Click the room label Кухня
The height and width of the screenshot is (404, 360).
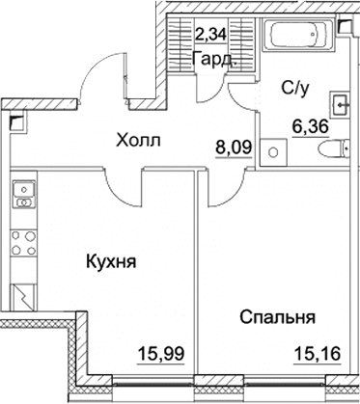[109, 261]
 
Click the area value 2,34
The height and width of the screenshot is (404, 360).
[214, 38]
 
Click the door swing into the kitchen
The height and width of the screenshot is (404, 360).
[125, 189]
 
